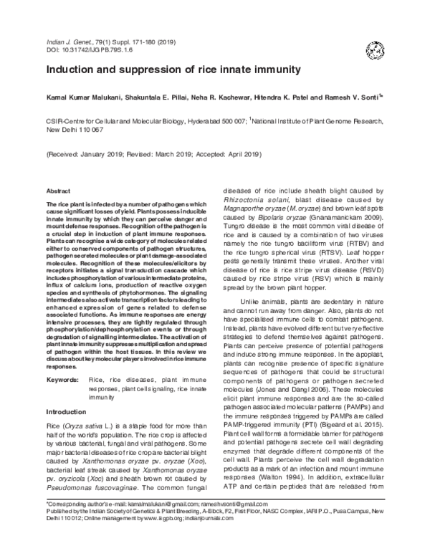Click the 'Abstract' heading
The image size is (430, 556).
[x=58, y=193]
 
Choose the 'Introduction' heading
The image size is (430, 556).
[x=66, y=413]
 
